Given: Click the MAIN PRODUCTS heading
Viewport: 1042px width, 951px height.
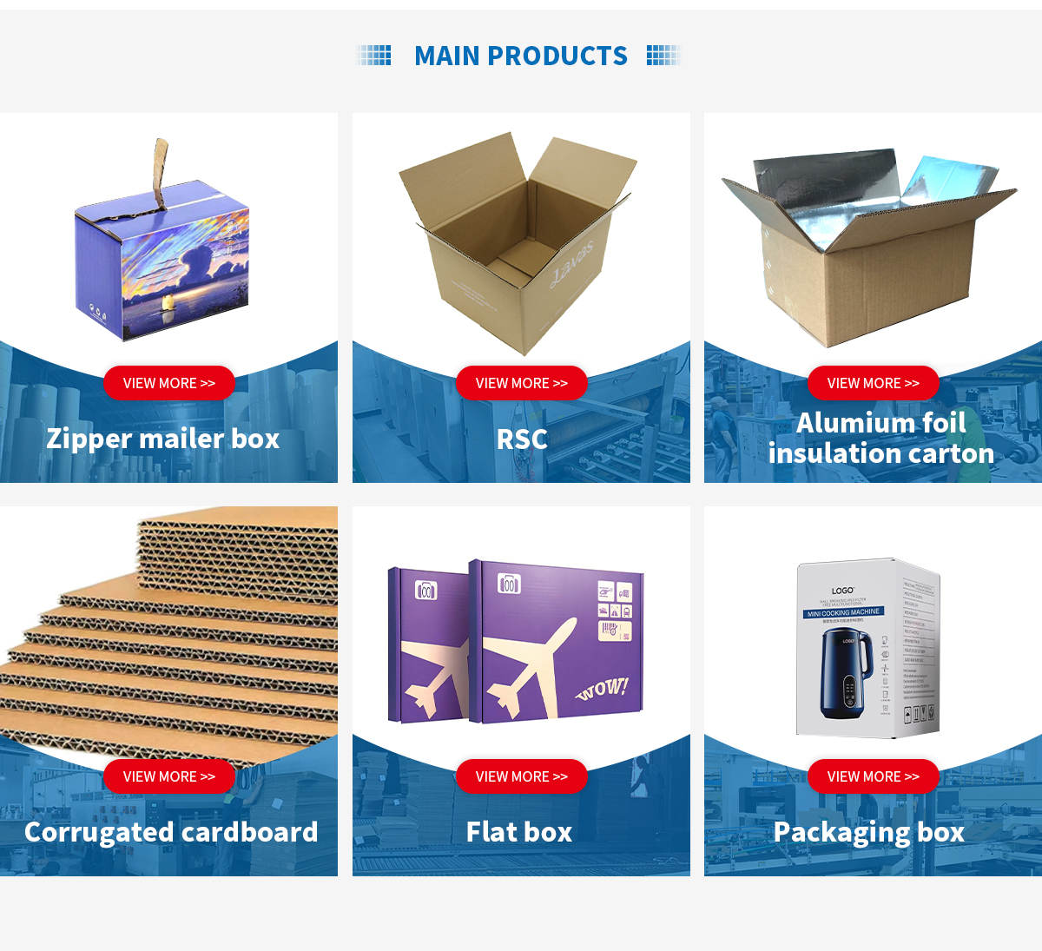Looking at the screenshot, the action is click(520, 56).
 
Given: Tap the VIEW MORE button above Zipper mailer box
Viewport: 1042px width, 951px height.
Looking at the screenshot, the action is click(169, 383).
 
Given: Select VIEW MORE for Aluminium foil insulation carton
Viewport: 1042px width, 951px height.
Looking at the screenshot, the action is click(873, 383).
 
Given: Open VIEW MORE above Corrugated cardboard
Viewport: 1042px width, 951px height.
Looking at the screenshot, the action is click(169, 776).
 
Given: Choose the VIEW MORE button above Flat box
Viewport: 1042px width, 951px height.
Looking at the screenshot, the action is click(521, 776).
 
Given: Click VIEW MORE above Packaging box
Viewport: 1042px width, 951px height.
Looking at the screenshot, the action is click(873, 776).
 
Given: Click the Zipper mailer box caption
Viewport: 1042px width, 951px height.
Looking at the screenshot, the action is click(163, 439).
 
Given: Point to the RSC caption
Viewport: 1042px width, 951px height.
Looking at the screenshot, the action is click(521, 439).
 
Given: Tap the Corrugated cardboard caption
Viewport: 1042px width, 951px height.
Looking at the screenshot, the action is click(171, 832).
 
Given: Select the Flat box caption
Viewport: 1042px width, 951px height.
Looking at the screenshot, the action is click(519, 832).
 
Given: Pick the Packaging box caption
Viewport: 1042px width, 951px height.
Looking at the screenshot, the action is click(869, 832).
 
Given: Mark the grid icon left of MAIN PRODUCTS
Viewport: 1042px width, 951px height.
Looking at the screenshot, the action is click(375, 56).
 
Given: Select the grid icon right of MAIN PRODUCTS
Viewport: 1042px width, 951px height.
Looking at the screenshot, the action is click(663, 56).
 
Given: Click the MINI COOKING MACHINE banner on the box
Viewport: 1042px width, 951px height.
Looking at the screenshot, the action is click(843, 613).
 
